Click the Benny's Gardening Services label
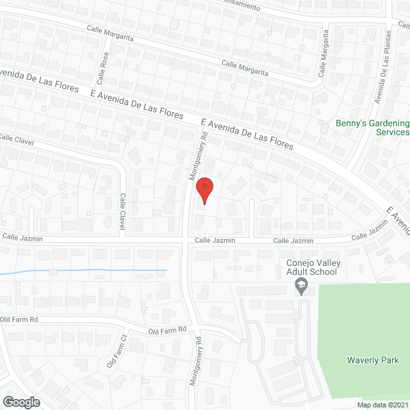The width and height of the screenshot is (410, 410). coord(372,127)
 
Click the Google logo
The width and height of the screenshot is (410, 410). coord(20,402)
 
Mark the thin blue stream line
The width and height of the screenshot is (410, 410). coord(83,271)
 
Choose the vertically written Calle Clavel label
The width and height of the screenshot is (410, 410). coord(122,212)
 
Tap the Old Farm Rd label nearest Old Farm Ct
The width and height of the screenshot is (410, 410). coord(167,331)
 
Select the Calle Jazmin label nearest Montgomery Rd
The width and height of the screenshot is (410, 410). coord(215,240)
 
